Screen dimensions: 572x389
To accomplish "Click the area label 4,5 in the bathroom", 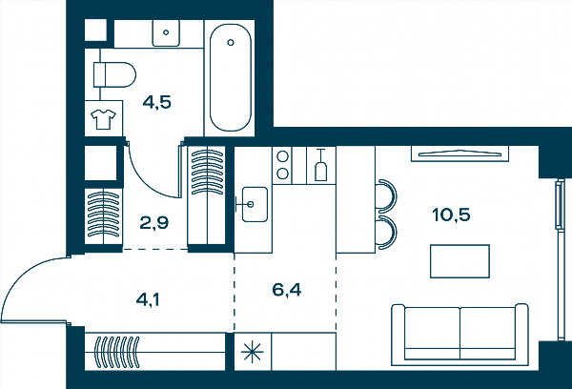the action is (x=157, y=103).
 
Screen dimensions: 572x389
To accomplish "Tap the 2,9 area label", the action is (x=154, y=222).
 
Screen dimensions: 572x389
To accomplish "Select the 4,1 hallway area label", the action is (x=148, y=300).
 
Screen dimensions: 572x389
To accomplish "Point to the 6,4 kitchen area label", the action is (x=287, y=290).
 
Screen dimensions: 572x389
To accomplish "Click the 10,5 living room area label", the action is (x=451, y=215).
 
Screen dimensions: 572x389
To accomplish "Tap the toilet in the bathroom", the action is (x=114, y=74).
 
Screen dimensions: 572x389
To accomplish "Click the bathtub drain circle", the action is (x=231, y=42).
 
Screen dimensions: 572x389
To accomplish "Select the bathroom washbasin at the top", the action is (x=166, y=32).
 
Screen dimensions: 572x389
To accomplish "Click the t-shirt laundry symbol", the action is (x=104, y=119).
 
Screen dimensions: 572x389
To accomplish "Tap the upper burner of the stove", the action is (x=283, y=157).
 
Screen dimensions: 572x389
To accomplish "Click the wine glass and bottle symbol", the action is (x=320, y=165).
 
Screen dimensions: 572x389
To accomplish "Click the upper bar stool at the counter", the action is (x=387, y=195).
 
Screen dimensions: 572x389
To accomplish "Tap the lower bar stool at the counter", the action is (x=387, y=233).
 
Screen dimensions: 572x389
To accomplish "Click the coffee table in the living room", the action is (x=460, y=261).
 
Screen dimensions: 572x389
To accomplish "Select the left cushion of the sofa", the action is (x=432, y=332).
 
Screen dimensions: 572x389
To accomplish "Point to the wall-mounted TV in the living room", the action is (x=460, y=154).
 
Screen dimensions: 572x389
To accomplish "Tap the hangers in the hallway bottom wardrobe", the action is (x=117, y=352).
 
